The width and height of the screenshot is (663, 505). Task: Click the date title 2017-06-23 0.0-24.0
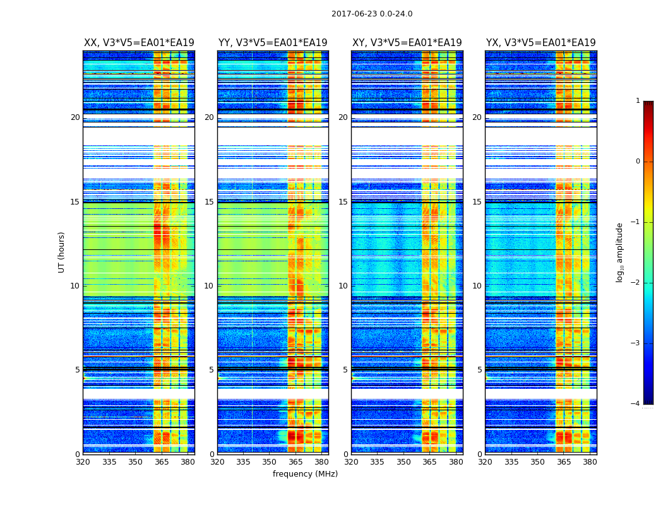pos(372,14)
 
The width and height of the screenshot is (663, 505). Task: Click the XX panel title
pos(139,43)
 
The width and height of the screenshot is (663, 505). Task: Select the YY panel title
pos(273,43)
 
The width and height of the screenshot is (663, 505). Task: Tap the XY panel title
pos(407,43)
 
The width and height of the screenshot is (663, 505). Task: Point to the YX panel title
pos(541,43)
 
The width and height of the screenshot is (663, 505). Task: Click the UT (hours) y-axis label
pos(62,252)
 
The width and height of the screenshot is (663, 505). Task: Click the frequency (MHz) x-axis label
pos(305,474)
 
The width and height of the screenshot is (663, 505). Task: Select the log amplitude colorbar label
pos(620,252)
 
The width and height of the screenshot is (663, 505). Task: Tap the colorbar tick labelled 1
pos(638,101)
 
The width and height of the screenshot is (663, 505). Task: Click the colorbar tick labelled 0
pos(638,162)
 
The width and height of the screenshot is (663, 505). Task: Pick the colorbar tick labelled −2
pos(636,283)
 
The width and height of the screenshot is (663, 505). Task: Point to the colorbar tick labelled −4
pos(636,404)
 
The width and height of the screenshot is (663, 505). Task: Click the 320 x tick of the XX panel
pos(83,462)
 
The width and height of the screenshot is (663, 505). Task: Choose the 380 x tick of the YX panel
pos(590,462)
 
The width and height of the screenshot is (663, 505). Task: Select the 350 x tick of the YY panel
pos(270,462)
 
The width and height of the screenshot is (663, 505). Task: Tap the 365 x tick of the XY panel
pos(430,462)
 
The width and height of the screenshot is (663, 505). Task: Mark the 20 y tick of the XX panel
pos(75,117)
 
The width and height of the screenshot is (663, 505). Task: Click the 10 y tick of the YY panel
pos(209,286)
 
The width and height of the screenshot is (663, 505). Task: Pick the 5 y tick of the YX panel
pos(479,370)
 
